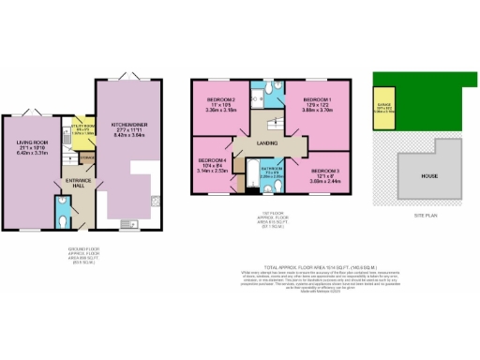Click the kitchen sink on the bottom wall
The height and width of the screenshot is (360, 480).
(127, 222)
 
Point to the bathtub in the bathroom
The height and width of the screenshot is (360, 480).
(252, 172)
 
